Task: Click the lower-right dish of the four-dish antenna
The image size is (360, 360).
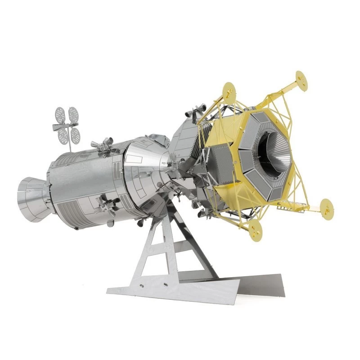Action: click(75, 134)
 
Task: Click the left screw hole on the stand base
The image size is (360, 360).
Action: click(139, 285)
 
